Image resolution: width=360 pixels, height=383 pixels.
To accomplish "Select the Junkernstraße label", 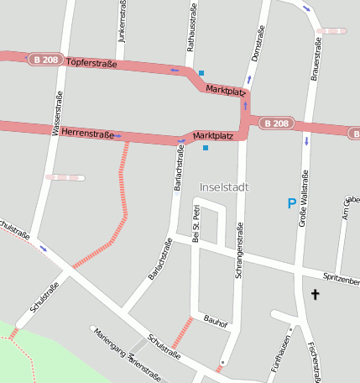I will [x=123, y=23].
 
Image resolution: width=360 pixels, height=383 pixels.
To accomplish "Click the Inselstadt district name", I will [x=224, y=186].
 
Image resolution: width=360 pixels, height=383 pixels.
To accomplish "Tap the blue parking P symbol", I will [x=292, y=203].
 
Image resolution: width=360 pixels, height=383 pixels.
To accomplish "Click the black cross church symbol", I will [x=316, y=295].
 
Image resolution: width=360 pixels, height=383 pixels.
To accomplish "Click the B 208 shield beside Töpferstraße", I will [x=46, y=60].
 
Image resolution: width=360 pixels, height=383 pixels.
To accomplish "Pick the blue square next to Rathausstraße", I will [x=201, y=73].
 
